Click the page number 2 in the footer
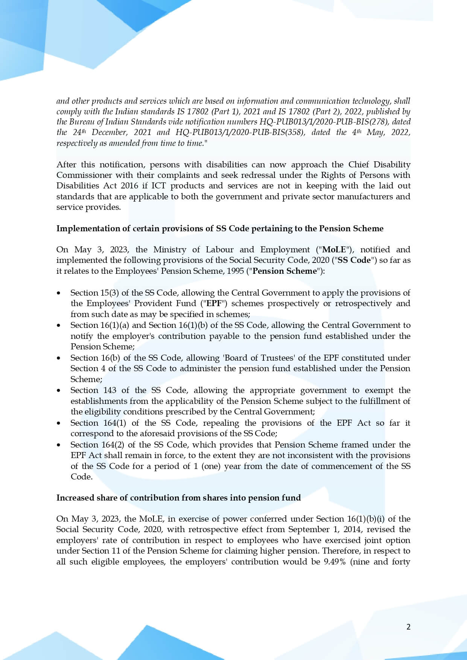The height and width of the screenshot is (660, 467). point(408,627)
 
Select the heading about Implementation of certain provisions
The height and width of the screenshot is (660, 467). point(220,229)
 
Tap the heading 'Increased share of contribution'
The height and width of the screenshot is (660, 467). point(178,498)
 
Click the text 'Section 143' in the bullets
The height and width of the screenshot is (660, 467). point(93,390)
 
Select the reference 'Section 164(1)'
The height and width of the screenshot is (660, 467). point(98,423)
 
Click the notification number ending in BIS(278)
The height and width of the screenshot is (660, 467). point(335,122)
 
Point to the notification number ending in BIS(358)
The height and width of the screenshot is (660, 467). point(240,132)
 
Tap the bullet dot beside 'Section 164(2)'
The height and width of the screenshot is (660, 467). point(58,445)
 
